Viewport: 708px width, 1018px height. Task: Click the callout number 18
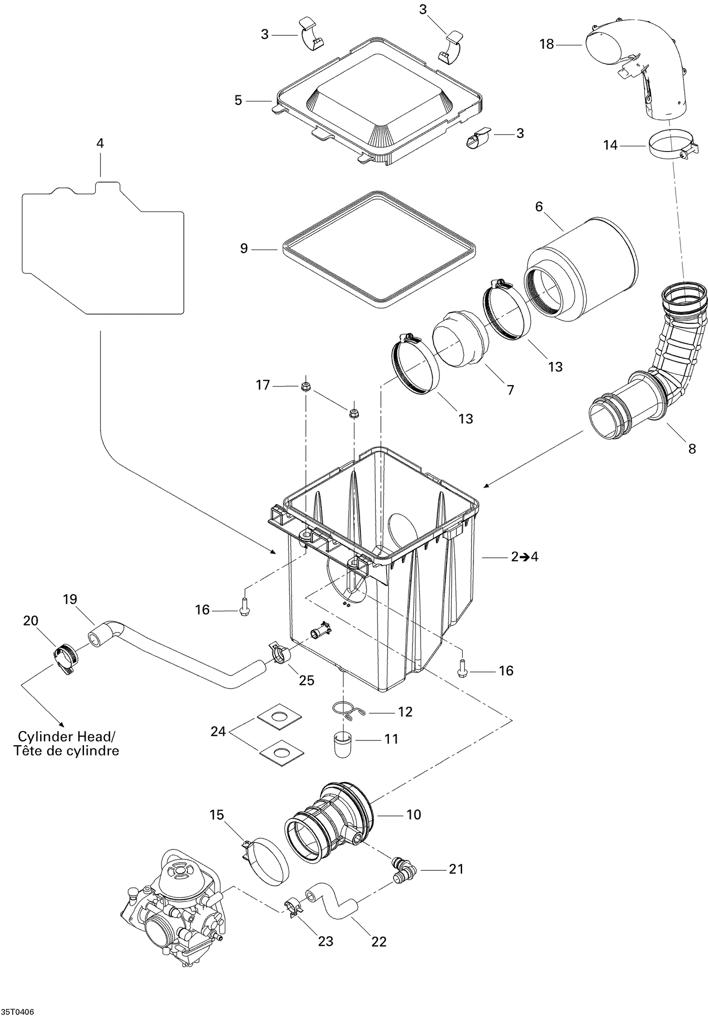(546, 44)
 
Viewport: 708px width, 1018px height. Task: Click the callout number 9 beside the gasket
(244, 248)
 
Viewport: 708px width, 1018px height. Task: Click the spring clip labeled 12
(347, 711)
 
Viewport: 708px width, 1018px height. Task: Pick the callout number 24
(219, 732)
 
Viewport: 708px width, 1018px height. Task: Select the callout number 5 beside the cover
(238, 100)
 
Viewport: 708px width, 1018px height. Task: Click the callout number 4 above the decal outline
(100, 143)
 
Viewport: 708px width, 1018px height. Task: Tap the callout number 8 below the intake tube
(691, 448)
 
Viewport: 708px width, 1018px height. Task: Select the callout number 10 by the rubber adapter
(413, 814)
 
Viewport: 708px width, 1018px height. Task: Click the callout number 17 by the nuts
(263, 385)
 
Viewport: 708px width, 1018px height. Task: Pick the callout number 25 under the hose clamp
(306, 680)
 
